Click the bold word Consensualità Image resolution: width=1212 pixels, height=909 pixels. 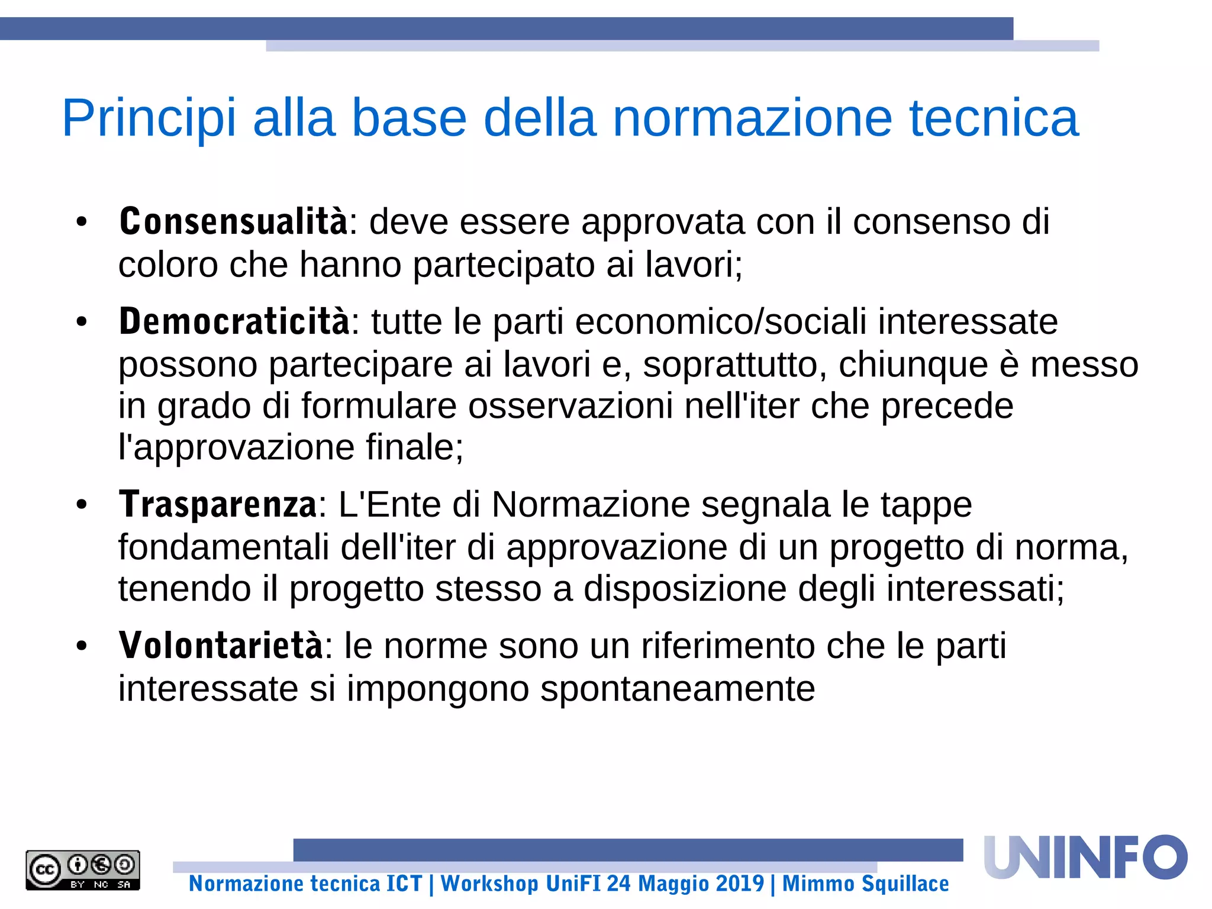point(233,221)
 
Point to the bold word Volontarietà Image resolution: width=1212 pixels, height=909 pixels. point(221,645)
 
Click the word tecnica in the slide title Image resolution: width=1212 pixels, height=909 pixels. point(994,118)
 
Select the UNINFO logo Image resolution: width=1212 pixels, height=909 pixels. point(1085,858)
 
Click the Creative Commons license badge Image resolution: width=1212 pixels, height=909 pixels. point(83,870)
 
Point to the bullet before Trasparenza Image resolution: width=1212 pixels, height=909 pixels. point(82,505)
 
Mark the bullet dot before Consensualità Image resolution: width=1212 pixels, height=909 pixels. point(82,223)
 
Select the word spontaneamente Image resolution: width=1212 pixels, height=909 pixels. point(678,689)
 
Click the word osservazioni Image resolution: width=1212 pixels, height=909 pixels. point(570,406)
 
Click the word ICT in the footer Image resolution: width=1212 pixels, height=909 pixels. point(404,884)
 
